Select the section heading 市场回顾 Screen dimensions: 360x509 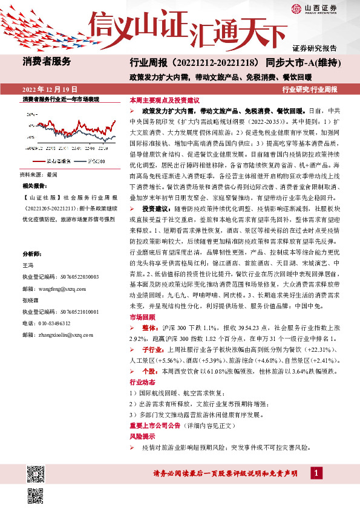pos(142,317)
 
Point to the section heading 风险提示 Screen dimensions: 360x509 pos(142,436)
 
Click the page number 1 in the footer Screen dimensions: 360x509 pos(316,473)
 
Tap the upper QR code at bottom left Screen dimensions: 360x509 pos(34,473)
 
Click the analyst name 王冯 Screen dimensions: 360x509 pos(28,265)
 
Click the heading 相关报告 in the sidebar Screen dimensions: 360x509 pos(34,185)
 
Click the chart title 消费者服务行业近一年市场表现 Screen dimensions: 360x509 pos(61,99)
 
